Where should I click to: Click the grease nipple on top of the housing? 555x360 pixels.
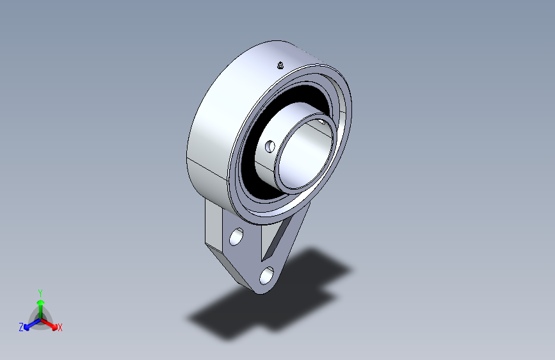(x=280, y=65)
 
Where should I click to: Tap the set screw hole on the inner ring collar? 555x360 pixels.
(x=270, y=146)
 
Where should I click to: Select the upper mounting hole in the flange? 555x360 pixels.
(x=236, y=237)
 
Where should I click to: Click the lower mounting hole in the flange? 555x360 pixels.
(x=266, y=275)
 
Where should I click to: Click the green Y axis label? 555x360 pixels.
(x=40, y=293)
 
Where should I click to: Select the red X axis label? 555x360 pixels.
(x=60, y=328)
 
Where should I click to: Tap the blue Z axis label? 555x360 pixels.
(x=21, y=327)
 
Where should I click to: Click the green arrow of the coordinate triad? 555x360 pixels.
(x=41, y=309)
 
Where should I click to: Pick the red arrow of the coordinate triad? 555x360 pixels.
(x=49, y=324)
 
